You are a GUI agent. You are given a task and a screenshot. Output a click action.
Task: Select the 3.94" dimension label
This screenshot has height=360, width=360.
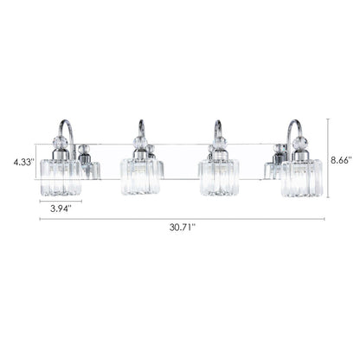(60, 209)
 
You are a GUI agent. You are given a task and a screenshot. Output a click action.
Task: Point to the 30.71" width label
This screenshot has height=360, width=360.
(180, 228)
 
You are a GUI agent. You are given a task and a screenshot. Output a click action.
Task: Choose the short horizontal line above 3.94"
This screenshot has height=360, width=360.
(60, 201)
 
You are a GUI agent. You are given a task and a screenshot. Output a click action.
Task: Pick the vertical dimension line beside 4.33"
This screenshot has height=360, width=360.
(35, 161)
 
